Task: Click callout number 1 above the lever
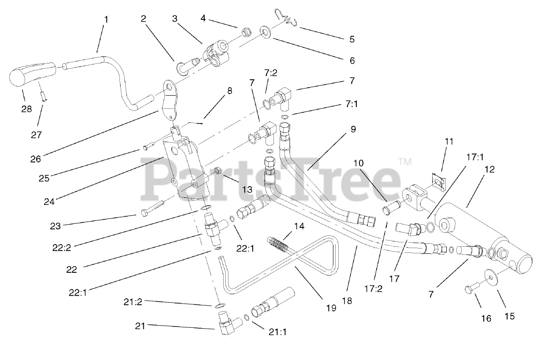(x=106, y=19)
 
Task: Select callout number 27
(x=37, y=135)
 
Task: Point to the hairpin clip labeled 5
(x=289, y=18)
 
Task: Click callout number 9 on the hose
(x=353, y=130)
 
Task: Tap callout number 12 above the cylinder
(x=490, y=169)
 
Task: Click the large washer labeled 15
(x=491, y=275)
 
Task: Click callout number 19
(x=330, y=308)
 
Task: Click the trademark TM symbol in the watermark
(x=404, y=162)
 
